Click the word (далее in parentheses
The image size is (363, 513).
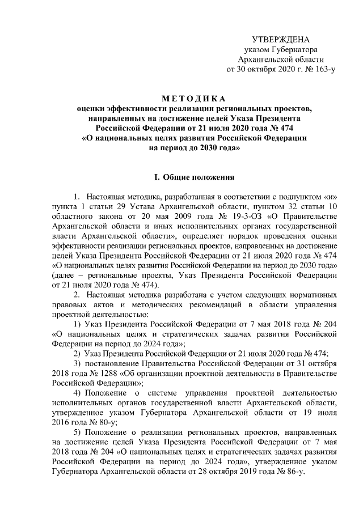[x=65, y=275]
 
